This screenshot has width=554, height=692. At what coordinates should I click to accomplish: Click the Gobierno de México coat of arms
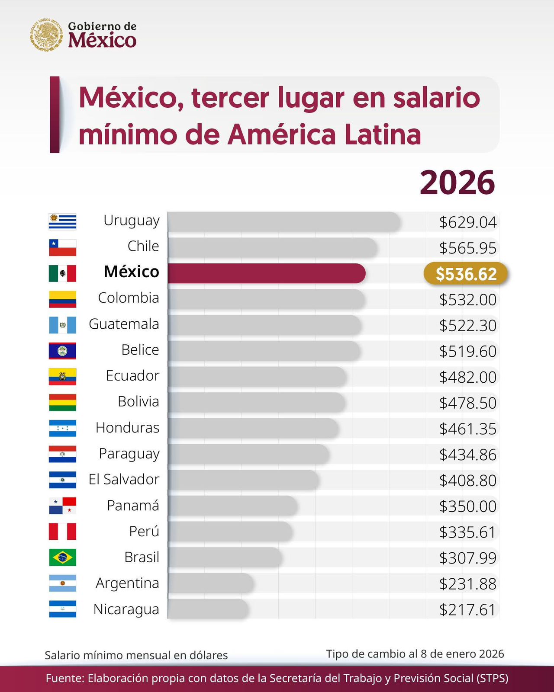point(46,35)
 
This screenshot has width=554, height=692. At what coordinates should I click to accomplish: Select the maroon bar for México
point(266,273)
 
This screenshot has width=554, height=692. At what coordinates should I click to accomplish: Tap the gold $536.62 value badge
point(466,274)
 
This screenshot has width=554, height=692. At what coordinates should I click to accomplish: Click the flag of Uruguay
point(62,222)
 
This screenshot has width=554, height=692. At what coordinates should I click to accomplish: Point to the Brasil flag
point(62,557)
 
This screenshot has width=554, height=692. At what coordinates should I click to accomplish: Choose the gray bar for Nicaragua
point(208,609)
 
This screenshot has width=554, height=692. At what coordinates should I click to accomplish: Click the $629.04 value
point(467,222)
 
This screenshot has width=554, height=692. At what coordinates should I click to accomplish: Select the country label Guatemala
point(124,324)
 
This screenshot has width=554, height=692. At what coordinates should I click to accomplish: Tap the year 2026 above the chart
point(457,183)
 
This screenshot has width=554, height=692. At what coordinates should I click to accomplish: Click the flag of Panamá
point(62,506)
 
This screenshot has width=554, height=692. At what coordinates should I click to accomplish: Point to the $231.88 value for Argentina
point(467,584)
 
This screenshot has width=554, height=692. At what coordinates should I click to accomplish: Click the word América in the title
point(281,134)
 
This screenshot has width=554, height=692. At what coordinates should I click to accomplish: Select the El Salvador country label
point(124,480)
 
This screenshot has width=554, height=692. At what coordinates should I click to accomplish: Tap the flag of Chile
point(62,248)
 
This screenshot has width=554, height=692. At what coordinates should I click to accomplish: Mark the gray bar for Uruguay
point(283,222)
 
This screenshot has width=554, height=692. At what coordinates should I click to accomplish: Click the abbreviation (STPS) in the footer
point(493,678)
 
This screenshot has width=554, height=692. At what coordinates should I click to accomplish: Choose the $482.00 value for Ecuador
point(467,377)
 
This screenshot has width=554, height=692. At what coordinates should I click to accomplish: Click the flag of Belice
point(62,351)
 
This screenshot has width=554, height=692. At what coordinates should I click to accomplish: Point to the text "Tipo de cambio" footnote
point(415,654)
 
